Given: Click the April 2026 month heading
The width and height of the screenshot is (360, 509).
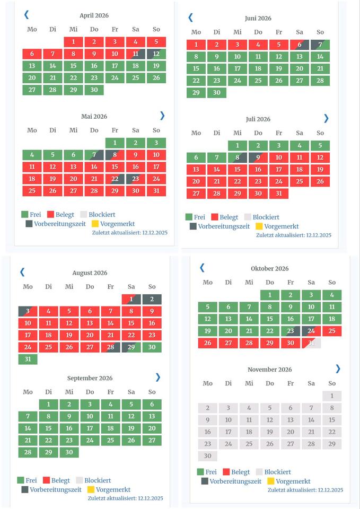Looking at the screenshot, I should pos(94,16).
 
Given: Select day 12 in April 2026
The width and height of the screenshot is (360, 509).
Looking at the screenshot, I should pos(156,54).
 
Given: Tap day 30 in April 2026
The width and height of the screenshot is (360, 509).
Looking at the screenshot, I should pos(94,90).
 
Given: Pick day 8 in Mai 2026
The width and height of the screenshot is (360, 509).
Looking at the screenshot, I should pos(115,155).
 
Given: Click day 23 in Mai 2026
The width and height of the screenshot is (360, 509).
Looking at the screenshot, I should pos(135,179).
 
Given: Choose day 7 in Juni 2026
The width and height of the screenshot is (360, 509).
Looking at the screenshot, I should pos(320,45).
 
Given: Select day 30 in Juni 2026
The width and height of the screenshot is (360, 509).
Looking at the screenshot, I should pos(216,93).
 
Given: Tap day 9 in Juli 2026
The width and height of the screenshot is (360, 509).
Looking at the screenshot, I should pos(258,157).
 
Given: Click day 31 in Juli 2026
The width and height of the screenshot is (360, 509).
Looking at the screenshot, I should pos(278,194).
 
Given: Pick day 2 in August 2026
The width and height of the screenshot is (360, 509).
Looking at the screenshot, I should pos(152,300).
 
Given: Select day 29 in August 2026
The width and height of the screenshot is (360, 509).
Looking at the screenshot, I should pos(131,347).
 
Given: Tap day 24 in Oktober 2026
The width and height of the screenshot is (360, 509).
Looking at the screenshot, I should pos(311,331).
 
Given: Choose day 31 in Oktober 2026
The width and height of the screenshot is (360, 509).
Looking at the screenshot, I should pos(311,343).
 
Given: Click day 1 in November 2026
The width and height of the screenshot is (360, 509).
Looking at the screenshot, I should pos(332,396).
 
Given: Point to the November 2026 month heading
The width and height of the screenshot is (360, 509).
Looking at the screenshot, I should pos(270,370).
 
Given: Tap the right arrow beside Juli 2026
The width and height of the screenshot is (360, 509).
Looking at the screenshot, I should pos(326,118).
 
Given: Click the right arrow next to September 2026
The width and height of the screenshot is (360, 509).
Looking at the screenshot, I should pos(157,377).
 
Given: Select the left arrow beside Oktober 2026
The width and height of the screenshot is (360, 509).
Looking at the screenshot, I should pos(202,268).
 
